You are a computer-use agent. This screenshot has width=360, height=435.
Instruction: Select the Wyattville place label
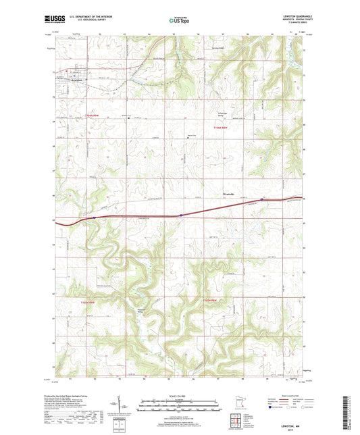click(228, 195)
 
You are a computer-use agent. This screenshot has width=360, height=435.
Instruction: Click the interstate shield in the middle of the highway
click(181, 215)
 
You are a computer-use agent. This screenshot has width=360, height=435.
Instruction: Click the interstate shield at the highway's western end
click(94, 217)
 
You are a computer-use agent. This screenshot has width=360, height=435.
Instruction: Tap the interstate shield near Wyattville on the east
click(262, 199)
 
